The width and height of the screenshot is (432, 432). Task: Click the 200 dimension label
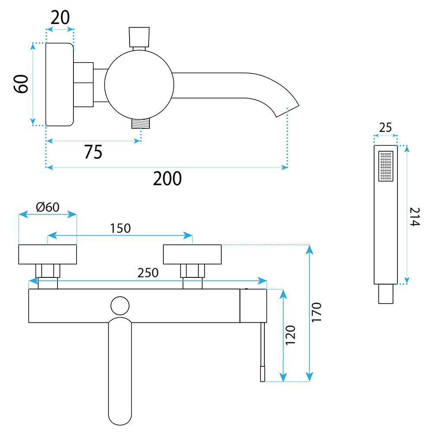(167, 178)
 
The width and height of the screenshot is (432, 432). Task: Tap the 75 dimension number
(93, 152)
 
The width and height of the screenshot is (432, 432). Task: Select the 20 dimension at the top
(60, 18)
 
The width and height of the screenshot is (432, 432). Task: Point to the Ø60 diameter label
(48, 207)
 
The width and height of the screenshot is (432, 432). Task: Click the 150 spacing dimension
(120, 228)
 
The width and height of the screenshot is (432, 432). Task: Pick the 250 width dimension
(148, 273)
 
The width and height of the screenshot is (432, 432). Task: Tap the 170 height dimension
(317, 312)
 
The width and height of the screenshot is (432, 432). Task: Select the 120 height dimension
(290, 335)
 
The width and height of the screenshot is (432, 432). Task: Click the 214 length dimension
(415, 217)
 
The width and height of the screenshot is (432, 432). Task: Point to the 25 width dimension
(385, 127)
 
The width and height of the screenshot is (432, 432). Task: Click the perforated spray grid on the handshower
(386, 166)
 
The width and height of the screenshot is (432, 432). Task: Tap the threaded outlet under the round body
(141, 123)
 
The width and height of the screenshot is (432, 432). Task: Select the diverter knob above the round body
(139, 37)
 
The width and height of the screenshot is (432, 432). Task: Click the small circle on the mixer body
(120, 305)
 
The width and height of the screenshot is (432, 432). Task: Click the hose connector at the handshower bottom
(386, 294)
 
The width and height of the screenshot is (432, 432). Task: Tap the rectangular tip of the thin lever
(263, 374)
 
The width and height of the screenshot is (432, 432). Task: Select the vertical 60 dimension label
(21, 84)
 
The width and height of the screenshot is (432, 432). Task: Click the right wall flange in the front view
(192, 254)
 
